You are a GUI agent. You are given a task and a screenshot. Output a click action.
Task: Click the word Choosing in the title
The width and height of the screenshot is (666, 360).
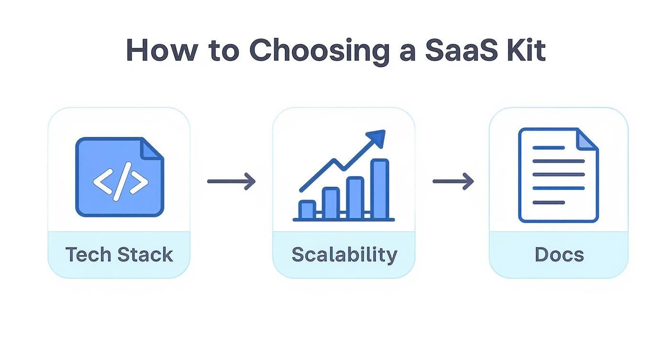click(x=320, y=50)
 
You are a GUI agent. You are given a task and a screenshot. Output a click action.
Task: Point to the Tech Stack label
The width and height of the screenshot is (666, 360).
click(x=119, y=255)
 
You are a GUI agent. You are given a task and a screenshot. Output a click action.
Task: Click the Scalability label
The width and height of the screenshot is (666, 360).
click(x=344, y=255)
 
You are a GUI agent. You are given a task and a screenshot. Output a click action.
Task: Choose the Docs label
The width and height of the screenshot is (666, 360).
click(x=559, y=255)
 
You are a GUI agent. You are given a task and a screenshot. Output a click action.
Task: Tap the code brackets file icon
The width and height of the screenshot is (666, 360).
click(x=120, y=177)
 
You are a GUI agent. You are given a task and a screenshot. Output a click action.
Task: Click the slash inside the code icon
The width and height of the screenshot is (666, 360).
click(x=121, y=182)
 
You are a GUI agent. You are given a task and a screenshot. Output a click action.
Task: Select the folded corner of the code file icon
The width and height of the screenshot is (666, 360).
click(x=153, y=148)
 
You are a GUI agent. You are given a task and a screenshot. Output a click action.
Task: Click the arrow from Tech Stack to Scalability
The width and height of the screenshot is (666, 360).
click(x=231, y=181)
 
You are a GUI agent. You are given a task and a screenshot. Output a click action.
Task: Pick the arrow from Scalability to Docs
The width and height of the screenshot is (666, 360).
click(x=453, y=181)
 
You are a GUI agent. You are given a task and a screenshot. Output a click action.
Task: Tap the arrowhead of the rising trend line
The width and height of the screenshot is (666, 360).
click(x=378, y=137)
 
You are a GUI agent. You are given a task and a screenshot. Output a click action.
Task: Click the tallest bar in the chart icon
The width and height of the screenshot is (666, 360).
click(x=380, y=189)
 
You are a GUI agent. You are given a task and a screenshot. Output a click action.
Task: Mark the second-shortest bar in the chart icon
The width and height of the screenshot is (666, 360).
click(x=331, y=203)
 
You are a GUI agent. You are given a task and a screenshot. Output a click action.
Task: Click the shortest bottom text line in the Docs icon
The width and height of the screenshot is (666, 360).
click(x=548, y=202)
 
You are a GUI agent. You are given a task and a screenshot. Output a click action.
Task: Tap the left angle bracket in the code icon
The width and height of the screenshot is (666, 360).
click(x=101, y=182)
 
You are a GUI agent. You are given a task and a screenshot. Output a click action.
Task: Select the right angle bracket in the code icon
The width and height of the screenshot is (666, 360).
click(x=139, y=182)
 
